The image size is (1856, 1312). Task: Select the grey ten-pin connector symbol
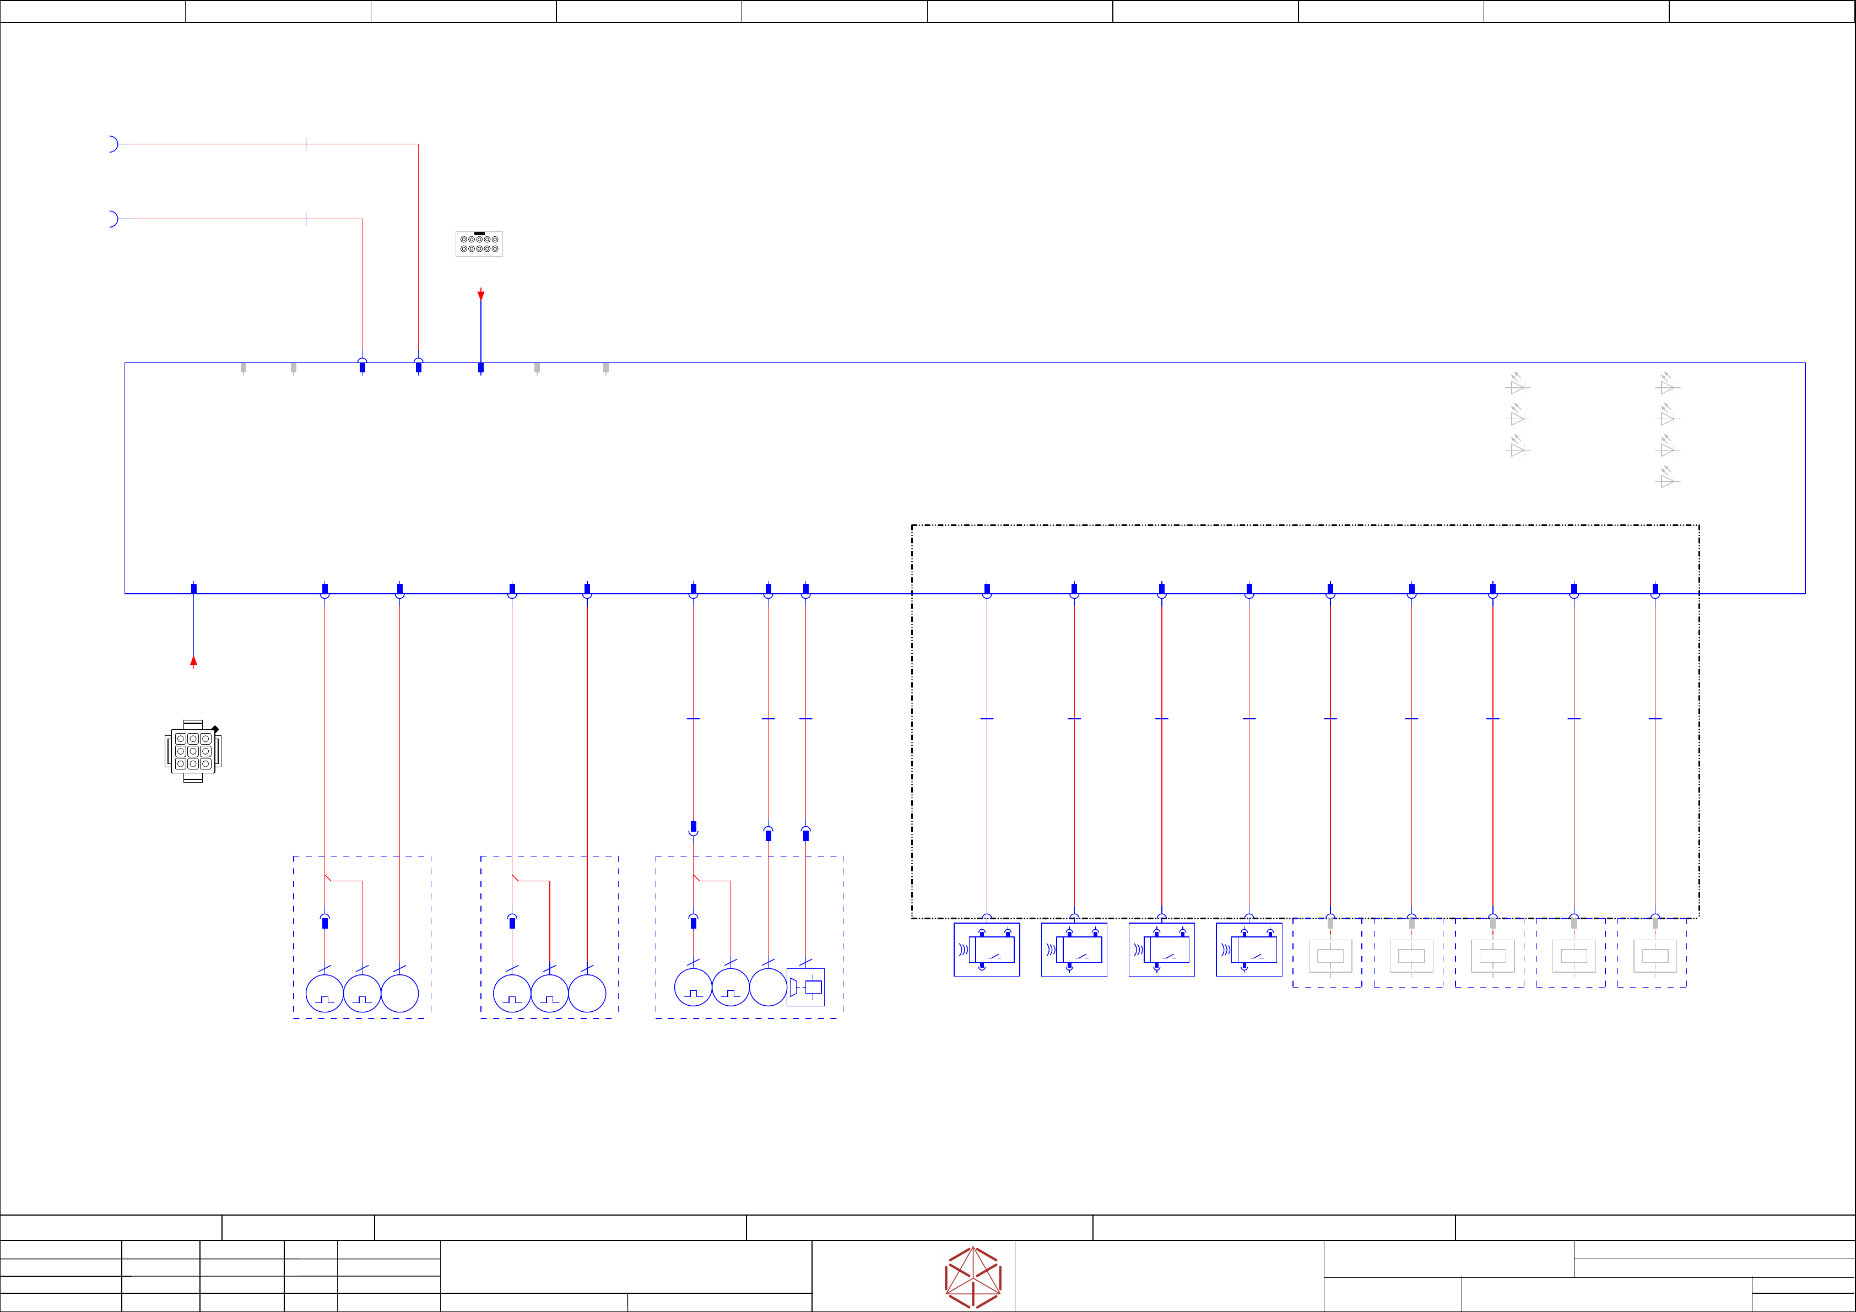pyautogui.click(x=479, y=243)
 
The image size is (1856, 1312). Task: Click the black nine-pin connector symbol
pyautogui.click(x=192, y=751)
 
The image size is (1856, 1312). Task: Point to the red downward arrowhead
pyautogui.click(x=481, y=295)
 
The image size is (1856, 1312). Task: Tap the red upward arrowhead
pyautogui.click(x=193, y=662)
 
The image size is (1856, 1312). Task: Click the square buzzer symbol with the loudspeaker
pyautogui.click(x=806, y=987)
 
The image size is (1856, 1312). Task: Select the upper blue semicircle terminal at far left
pyautogui.click(x=113, y=144)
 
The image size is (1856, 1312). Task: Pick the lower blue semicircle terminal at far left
pyautogui.click(x=113, y=219)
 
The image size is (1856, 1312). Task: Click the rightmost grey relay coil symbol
pyautogui.click(x=1655, y=956)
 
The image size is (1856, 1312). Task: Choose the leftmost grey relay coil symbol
pyautogui.click(x=1330, y=956)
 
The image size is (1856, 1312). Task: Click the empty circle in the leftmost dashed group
pyautogui.click(x=399, y=994)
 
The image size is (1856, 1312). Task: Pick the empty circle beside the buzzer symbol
pyautogui.click(x=768, y=987)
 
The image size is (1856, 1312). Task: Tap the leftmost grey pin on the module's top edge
pyautogui.click(x=244, y=368)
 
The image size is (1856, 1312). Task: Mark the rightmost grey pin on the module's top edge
pyautogui.click(x=605, y=368)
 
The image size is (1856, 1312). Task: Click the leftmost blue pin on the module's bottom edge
pyautogui.click(x=194, y=588)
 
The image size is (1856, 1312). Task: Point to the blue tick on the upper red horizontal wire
pyautogui.click(x=306, y=144)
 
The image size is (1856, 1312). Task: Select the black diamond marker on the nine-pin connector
pyautogui.click(x=215, y=729)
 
